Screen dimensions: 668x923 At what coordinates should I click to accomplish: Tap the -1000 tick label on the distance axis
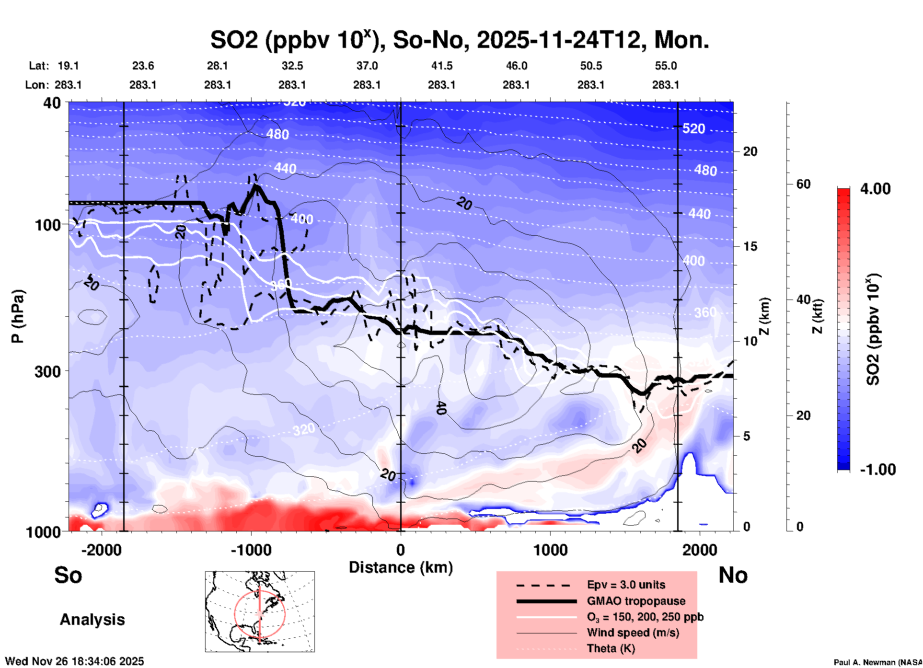tap(251, 550)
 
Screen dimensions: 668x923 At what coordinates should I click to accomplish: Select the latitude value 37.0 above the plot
tap(367, 66)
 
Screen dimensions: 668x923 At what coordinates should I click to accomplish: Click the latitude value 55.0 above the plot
tap(665, 66)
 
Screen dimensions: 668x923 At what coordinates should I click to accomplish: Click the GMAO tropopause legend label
tap(636, 601)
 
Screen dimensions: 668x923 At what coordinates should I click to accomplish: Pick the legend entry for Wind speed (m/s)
tap(633, 633)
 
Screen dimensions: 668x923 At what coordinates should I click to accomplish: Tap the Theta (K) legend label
tap(611, 648)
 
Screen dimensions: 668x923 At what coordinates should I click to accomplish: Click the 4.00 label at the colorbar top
tap(875, 189)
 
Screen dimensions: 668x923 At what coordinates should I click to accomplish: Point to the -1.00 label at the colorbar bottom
tap(877, 470)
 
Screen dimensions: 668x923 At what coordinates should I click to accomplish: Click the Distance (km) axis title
tap(401, 567)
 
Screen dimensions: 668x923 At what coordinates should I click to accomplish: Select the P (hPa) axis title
tap(18, 316)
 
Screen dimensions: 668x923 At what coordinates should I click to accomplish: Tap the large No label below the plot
tap(733, 575)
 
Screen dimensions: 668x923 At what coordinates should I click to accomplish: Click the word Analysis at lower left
tap(92, 620)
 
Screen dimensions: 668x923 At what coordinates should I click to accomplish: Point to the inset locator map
tap(260, 611)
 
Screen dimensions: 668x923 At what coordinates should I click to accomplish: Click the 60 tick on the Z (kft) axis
tap(803, 184)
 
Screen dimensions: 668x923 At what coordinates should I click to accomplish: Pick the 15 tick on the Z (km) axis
tap(750, 246)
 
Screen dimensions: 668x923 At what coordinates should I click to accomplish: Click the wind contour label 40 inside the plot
tap(441, 408)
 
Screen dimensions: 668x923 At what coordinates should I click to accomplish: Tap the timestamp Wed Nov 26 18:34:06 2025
tap(74, 661)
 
